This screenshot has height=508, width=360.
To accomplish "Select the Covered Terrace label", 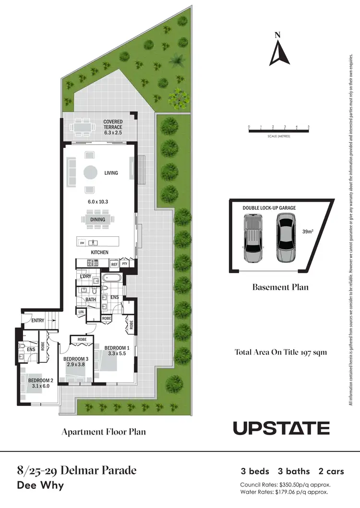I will click(x=113, y=125).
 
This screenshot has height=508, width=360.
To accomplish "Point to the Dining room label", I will click(x=98, y=220).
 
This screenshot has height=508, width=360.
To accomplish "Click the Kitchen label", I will click(x=100, y=253).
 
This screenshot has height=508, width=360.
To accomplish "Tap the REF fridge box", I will click(x=114, y=264).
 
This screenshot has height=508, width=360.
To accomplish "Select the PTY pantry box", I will click(x=125, y=264).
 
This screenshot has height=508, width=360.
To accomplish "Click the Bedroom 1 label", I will click(x=117, y=348).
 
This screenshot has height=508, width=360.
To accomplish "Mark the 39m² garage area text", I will click(x=307, y=231).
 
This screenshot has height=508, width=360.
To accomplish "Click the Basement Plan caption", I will click(x=280, y=288).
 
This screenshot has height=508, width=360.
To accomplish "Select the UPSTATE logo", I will click(x=281, y=428).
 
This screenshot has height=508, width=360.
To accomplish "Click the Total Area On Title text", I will click(x=280, y=352).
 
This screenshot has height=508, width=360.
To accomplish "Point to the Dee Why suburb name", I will click(x=40, y=485).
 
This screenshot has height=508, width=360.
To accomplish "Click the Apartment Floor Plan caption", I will click(x=103, y=432).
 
